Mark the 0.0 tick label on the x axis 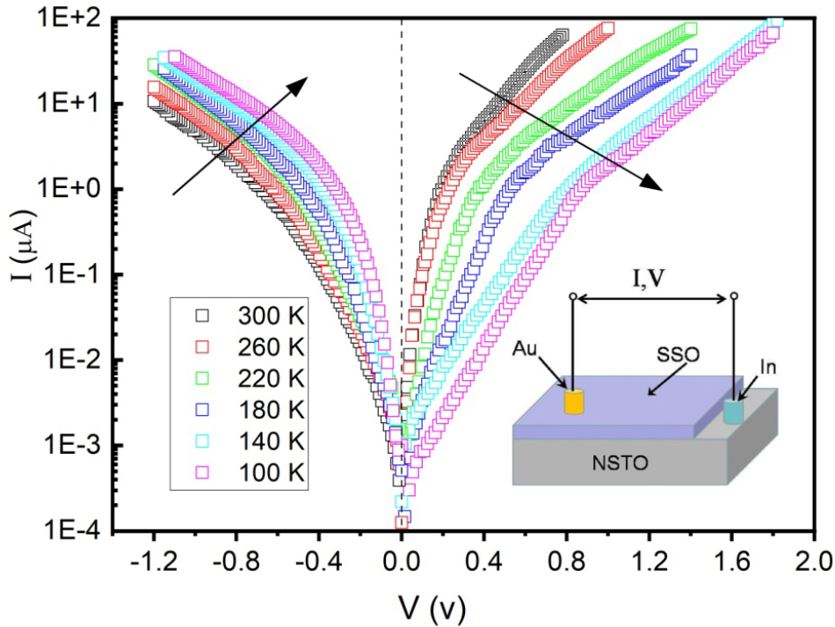click(402, 559)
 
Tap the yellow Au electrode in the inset click(574, 402)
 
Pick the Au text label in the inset click(524, 350)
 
